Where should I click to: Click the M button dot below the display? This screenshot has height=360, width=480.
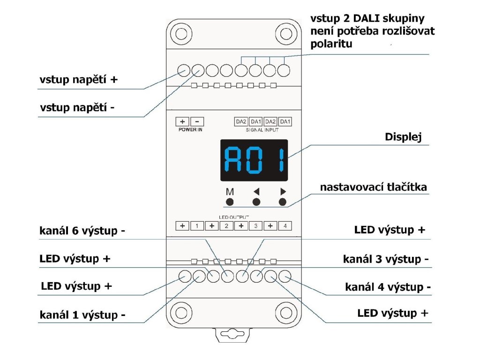(230, 202)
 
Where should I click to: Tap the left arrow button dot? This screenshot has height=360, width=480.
(256, 202)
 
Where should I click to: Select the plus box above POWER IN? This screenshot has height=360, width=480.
(182, 121)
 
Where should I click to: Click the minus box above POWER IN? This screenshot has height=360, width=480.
(197, 121)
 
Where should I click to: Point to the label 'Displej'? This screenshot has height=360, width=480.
(403, 137)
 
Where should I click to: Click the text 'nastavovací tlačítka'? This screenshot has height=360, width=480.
(374, 187)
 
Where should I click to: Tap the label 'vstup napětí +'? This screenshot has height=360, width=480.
(79, 80)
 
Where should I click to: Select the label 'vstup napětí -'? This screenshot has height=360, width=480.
(77, 107)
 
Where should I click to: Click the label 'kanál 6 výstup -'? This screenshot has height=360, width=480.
(82, 231)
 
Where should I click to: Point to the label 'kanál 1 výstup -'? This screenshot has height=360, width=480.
(82, 315)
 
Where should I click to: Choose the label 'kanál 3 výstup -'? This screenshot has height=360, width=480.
(386, 259)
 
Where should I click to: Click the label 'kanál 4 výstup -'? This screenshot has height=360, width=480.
(388, 287)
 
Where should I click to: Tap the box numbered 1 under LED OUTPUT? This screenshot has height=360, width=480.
(197, 226)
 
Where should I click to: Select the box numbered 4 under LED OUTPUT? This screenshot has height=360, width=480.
(285, 226)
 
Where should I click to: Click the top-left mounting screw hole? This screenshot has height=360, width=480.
(181, 33)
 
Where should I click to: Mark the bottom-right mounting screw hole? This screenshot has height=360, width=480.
(286, 313)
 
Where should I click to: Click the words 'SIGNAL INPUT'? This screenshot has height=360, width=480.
(262, 130)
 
